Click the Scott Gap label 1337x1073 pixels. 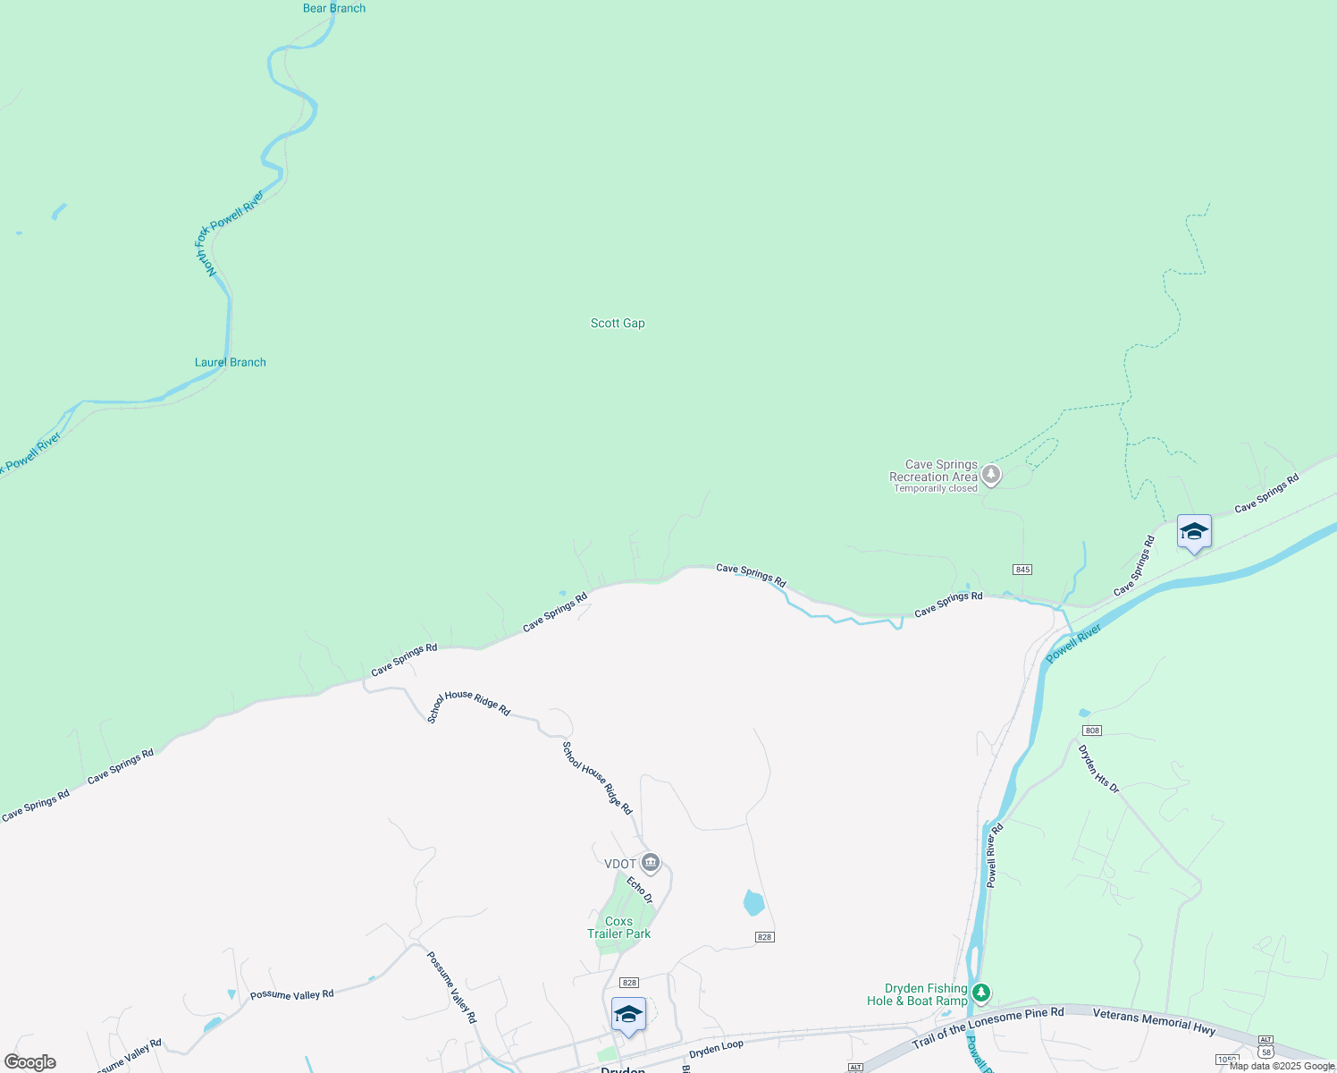[x=618, y=323]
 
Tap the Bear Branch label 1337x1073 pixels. [x=334, y=8]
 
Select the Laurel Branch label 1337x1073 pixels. [x=231, y=362]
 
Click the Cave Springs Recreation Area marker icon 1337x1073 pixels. [x=990, y=475]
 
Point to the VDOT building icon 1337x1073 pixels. [x=651, y=863]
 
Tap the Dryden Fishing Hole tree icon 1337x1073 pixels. [x=981, y=993]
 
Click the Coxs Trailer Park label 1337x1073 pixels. [x=618, y=927]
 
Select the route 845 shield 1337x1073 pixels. [x=1022, y=570]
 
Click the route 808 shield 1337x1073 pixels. [x=1091, y=731]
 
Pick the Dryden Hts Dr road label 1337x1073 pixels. [x=1098, y=769]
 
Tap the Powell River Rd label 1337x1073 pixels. [x=995, y=856]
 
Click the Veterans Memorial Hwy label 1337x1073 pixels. [x=1154, y=1021]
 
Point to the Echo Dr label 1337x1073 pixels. [x=640, y=890]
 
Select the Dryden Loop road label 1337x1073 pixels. [x=716, y=1048]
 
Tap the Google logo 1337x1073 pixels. [x=30, y=1062]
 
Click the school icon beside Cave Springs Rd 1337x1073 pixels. [x=1194, y=533]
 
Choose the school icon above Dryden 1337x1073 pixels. [x=628, y=1015]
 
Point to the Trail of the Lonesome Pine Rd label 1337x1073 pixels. [x=988, y=1027]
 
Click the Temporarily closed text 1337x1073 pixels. [x=936, y=488]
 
